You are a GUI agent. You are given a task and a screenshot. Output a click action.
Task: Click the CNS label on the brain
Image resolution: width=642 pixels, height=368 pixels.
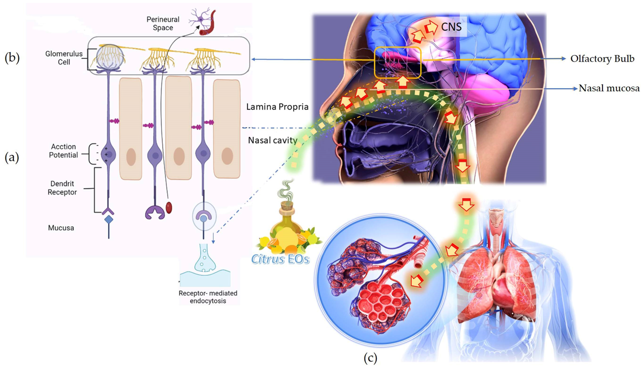pos(451,27)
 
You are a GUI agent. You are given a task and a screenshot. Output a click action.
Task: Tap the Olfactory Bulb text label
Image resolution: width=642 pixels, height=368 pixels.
pos(602,59)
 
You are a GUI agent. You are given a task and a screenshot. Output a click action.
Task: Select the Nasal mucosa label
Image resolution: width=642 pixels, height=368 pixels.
pos(609,88)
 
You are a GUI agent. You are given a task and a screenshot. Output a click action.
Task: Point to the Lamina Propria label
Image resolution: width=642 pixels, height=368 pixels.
pos(277,107)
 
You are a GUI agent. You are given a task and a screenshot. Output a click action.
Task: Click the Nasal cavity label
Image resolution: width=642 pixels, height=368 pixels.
pos(273,140)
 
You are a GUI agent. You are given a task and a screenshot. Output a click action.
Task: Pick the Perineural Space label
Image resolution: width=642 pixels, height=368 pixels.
pos(163,23)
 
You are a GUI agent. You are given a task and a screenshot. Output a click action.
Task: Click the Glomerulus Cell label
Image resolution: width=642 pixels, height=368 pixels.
pos(64,58)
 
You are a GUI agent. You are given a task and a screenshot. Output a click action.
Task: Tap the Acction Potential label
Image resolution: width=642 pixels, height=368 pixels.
pos(63,151)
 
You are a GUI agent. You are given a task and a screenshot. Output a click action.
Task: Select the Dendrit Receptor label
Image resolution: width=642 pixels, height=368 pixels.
pos(62,188)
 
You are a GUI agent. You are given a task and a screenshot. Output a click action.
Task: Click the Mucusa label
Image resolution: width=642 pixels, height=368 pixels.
pos(61,228)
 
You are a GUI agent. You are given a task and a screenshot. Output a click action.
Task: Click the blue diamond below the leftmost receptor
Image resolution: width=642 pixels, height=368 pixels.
pos(109,219)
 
